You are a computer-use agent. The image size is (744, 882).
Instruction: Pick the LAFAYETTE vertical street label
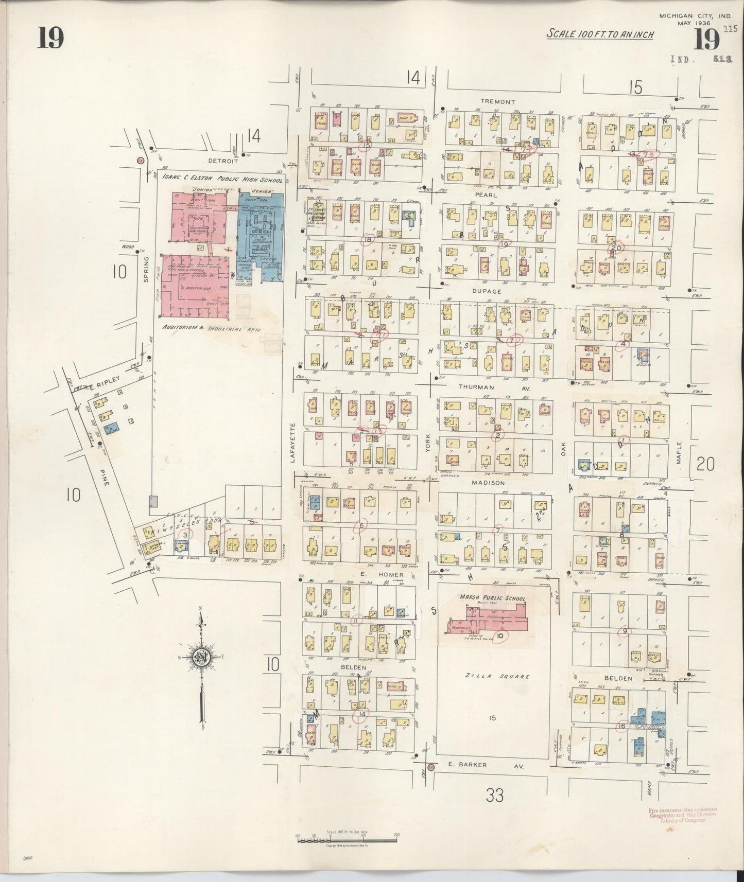coord(292,443)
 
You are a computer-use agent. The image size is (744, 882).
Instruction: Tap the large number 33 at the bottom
coord(494,796)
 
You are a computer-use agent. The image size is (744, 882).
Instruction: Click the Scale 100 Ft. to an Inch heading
coord(600,34)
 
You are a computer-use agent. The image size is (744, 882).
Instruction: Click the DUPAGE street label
coord(486,291)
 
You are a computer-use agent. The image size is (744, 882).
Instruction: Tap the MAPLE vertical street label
coord(679,453)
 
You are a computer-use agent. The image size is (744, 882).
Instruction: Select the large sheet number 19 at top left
coord(50,39)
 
